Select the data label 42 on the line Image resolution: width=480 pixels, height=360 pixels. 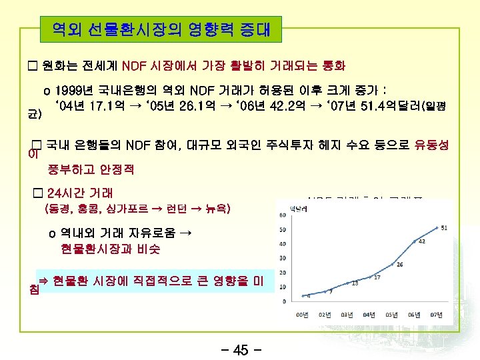(x=422, y=242)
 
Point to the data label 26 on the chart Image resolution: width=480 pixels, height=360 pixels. (x=399, y=264)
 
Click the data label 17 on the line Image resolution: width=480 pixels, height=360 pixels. (x=377, y=277)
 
